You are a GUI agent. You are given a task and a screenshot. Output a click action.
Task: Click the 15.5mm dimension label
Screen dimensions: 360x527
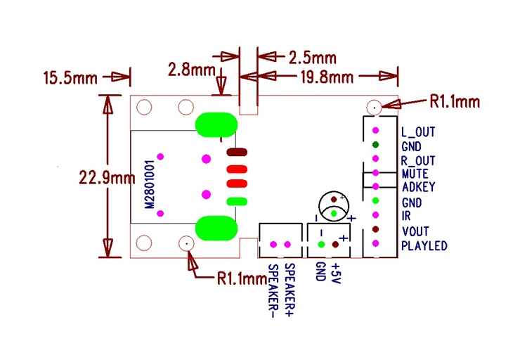(70, 77)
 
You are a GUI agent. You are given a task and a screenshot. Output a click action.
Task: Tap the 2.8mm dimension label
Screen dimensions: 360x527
(191, 70)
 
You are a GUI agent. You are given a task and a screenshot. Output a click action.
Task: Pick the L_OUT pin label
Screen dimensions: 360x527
(417, 131)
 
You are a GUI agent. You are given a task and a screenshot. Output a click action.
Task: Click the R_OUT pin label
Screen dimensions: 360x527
(418, 160)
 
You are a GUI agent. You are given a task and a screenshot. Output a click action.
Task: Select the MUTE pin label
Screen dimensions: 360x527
(415, 174)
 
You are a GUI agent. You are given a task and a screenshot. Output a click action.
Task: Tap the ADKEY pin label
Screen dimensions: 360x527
(418, 188)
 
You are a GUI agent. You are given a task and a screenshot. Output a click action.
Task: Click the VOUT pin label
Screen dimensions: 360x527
(415, 231)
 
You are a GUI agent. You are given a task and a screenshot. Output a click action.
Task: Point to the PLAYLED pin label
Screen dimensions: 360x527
(424, 245)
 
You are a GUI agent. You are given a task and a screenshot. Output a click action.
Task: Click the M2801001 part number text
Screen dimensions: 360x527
(150, 182)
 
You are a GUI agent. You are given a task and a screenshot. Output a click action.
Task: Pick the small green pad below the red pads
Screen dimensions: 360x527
(236, 202)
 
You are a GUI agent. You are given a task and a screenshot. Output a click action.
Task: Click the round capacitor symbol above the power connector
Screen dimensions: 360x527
(334, 206)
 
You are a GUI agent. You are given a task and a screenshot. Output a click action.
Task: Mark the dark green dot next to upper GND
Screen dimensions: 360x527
(375, 146)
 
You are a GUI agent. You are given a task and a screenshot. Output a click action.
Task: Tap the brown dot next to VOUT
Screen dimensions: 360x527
(375, 230)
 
